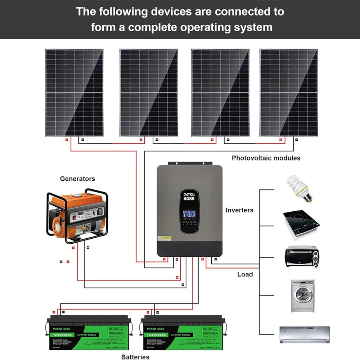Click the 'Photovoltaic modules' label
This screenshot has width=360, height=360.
click(x=266, y=158)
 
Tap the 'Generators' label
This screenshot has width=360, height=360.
click(x=77, y=179)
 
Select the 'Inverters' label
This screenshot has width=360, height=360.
click(x=239, y=210)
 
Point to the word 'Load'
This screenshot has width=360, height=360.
click(x=245, y=274)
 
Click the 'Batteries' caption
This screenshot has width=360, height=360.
click(x=135, y=357)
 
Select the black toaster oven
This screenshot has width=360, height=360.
click(x=301, y=256)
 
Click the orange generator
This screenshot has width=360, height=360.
click(x=77, y=216)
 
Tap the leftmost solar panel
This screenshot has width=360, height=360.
click(x=74, y=93)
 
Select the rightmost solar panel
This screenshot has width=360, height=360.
click(x=289, y=93)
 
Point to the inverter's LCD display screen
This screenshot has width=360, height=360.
click(x=190, y=212)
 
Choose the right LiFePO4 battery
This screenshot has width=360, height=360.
click(x=183, y=333)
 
